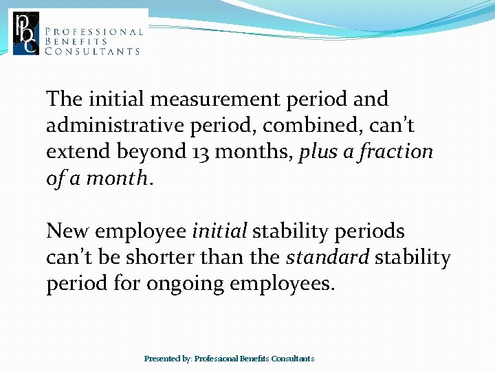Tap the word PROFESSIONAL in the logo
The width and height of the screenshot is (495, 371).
click(93, 32)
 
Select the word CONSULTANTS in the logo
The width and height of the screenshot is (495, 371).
click(92, 51)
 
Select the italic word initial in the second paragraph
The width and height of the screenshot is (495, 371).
click(220, 232)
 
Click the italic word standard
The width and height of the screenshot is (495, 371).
click(327, 258)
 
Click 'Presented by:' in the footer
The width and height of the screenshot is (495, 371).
click(168, 359)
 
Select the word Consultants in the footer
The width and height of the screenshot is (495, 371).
click(293, 359)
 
